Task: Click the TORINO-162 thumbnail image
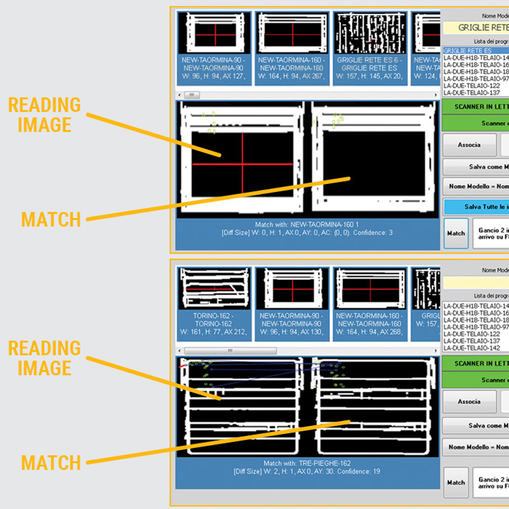pyautogui.click(x=214, y=289)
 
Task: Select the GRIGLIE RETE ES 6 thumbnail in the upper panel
pyautogui.click(x=368, y=33)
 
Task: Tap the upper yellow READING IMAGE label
pyautogui.click(x=44, y=115)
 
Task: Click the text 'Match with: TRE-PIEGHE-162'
pyautogui.click(x=308, y=463)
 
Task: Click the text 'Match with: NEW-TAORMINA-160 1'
pyautogui.click(x=308, y=224)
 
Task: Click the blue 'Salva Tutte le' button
pyautogui.click(x=476, y=207)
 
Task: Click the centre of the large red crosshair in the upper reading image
pyautogui.click(x=242, y=164)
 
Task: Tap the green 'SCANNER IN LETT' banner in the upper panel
pyautogui.click(x=476, y=106)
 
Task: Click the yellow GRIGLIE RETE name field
pyautogui.click(x=476, y=28)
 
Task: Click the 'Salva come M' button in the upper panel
pyautogui.click(x=476, y=167)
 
